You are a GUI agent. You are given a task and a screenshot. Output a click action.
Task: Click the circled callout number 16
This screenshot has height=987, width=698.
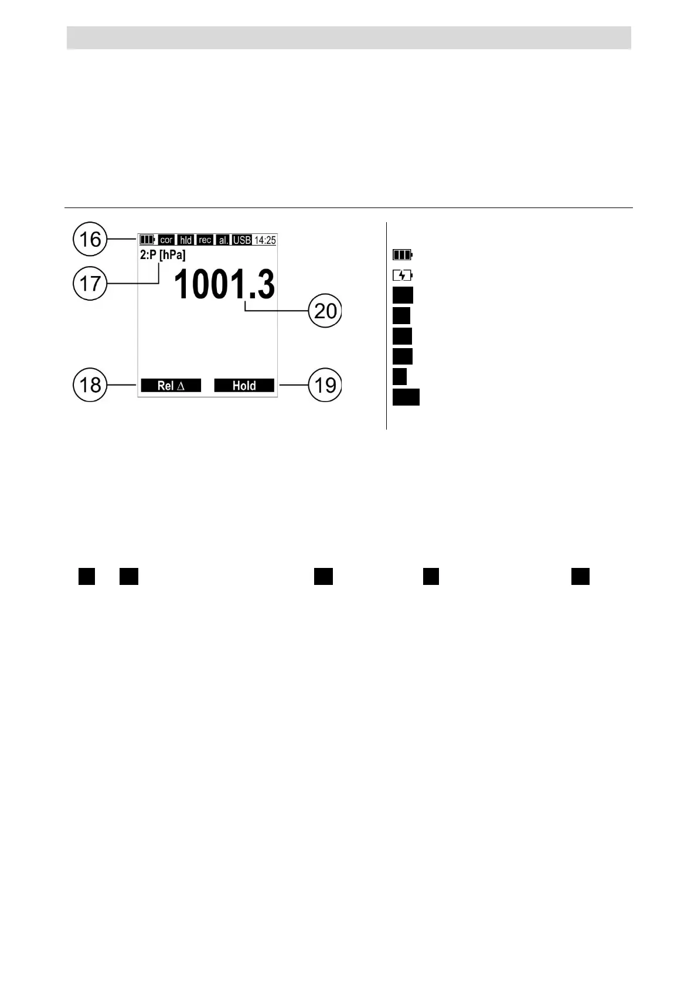tap(90, 239)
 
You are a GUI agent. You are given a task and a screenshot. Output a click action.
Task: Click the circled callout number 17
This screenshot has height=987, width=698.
tap(90, 283)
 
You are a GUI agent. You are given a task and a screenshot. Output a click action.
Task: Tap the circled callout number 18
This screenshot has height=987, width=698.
tap(90, 384)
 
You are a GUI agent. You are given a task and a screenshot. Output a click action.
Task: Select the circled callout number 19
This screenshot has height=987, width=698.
tap(325, 384)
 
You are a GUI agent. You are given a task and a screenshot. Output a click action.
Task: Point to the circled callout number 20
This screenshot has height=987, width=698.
tap(325, 311)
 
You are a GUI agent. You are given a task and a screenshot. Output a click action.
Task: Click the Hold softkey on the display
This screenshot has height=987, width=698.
tap(244, 386)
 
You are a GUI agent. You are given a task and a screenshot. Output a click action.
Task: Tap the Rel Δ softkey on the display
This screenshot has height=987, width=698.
tap(171, 386)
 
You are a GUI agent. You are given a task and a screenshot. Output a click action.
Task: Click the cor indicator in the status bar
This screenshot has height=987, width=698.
tap(166, 240)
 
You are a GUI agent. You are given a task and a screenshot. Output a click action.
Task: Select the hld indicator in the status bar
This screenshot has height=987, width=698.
tap(186, 240)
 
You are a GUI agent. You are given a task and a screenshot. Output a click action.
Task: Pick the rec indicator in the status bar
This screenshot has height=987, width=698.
tap(205, 240)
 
